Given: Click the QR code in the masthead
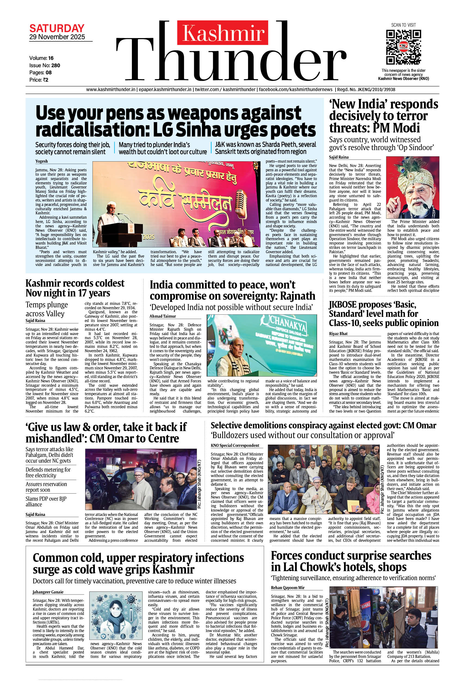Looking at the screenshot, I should [x=403, y=47].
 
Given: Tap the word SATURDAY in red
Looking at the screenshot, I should [x=57, y=29].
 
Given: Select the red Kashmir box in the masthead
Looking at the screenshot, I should [x=223, y=33].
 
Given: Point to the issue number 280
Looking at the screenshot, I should [x=56, y=65].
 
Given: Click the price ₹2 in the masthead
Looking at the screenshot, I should [x=45, y=80].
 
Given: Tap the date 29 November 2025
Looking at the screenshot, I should [x=57, y=37].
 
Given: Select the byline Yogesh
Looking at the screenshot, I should [x=42, y=161].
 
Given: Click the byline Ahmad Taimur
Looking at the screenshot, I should [x=163, y=316].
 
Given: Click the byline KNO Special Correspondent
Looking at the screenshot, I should [x=235, y=445].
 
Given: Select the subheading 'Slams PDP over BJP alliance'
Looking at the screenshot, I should [x=46, y=502].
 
